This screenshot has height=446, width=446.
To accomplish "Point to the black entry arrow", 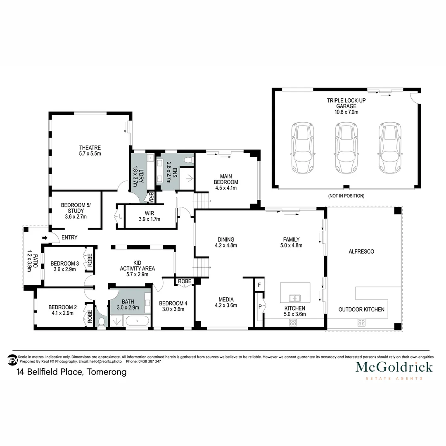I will point(45,238).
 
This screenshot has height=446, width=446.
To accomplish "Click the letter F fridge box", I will point(259,285).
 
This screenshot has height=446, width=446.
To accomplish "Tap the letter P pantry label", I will point(259,306).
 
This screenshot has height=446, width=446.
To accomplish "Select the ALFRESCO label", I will point(361,251).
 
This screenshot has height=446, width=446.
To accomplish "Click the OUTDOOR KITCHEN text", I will point(361,309).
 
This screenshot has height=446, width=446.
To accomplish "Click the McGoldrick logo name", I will point(394,367).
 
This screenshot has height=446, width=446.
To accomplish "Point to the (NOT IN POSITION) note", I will point(346,196).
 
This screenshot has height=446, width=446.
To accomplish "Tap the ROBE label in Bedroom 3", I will point(90,259).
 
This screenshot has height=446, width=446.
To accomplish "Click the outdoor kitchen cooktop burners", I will point(361,323).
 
